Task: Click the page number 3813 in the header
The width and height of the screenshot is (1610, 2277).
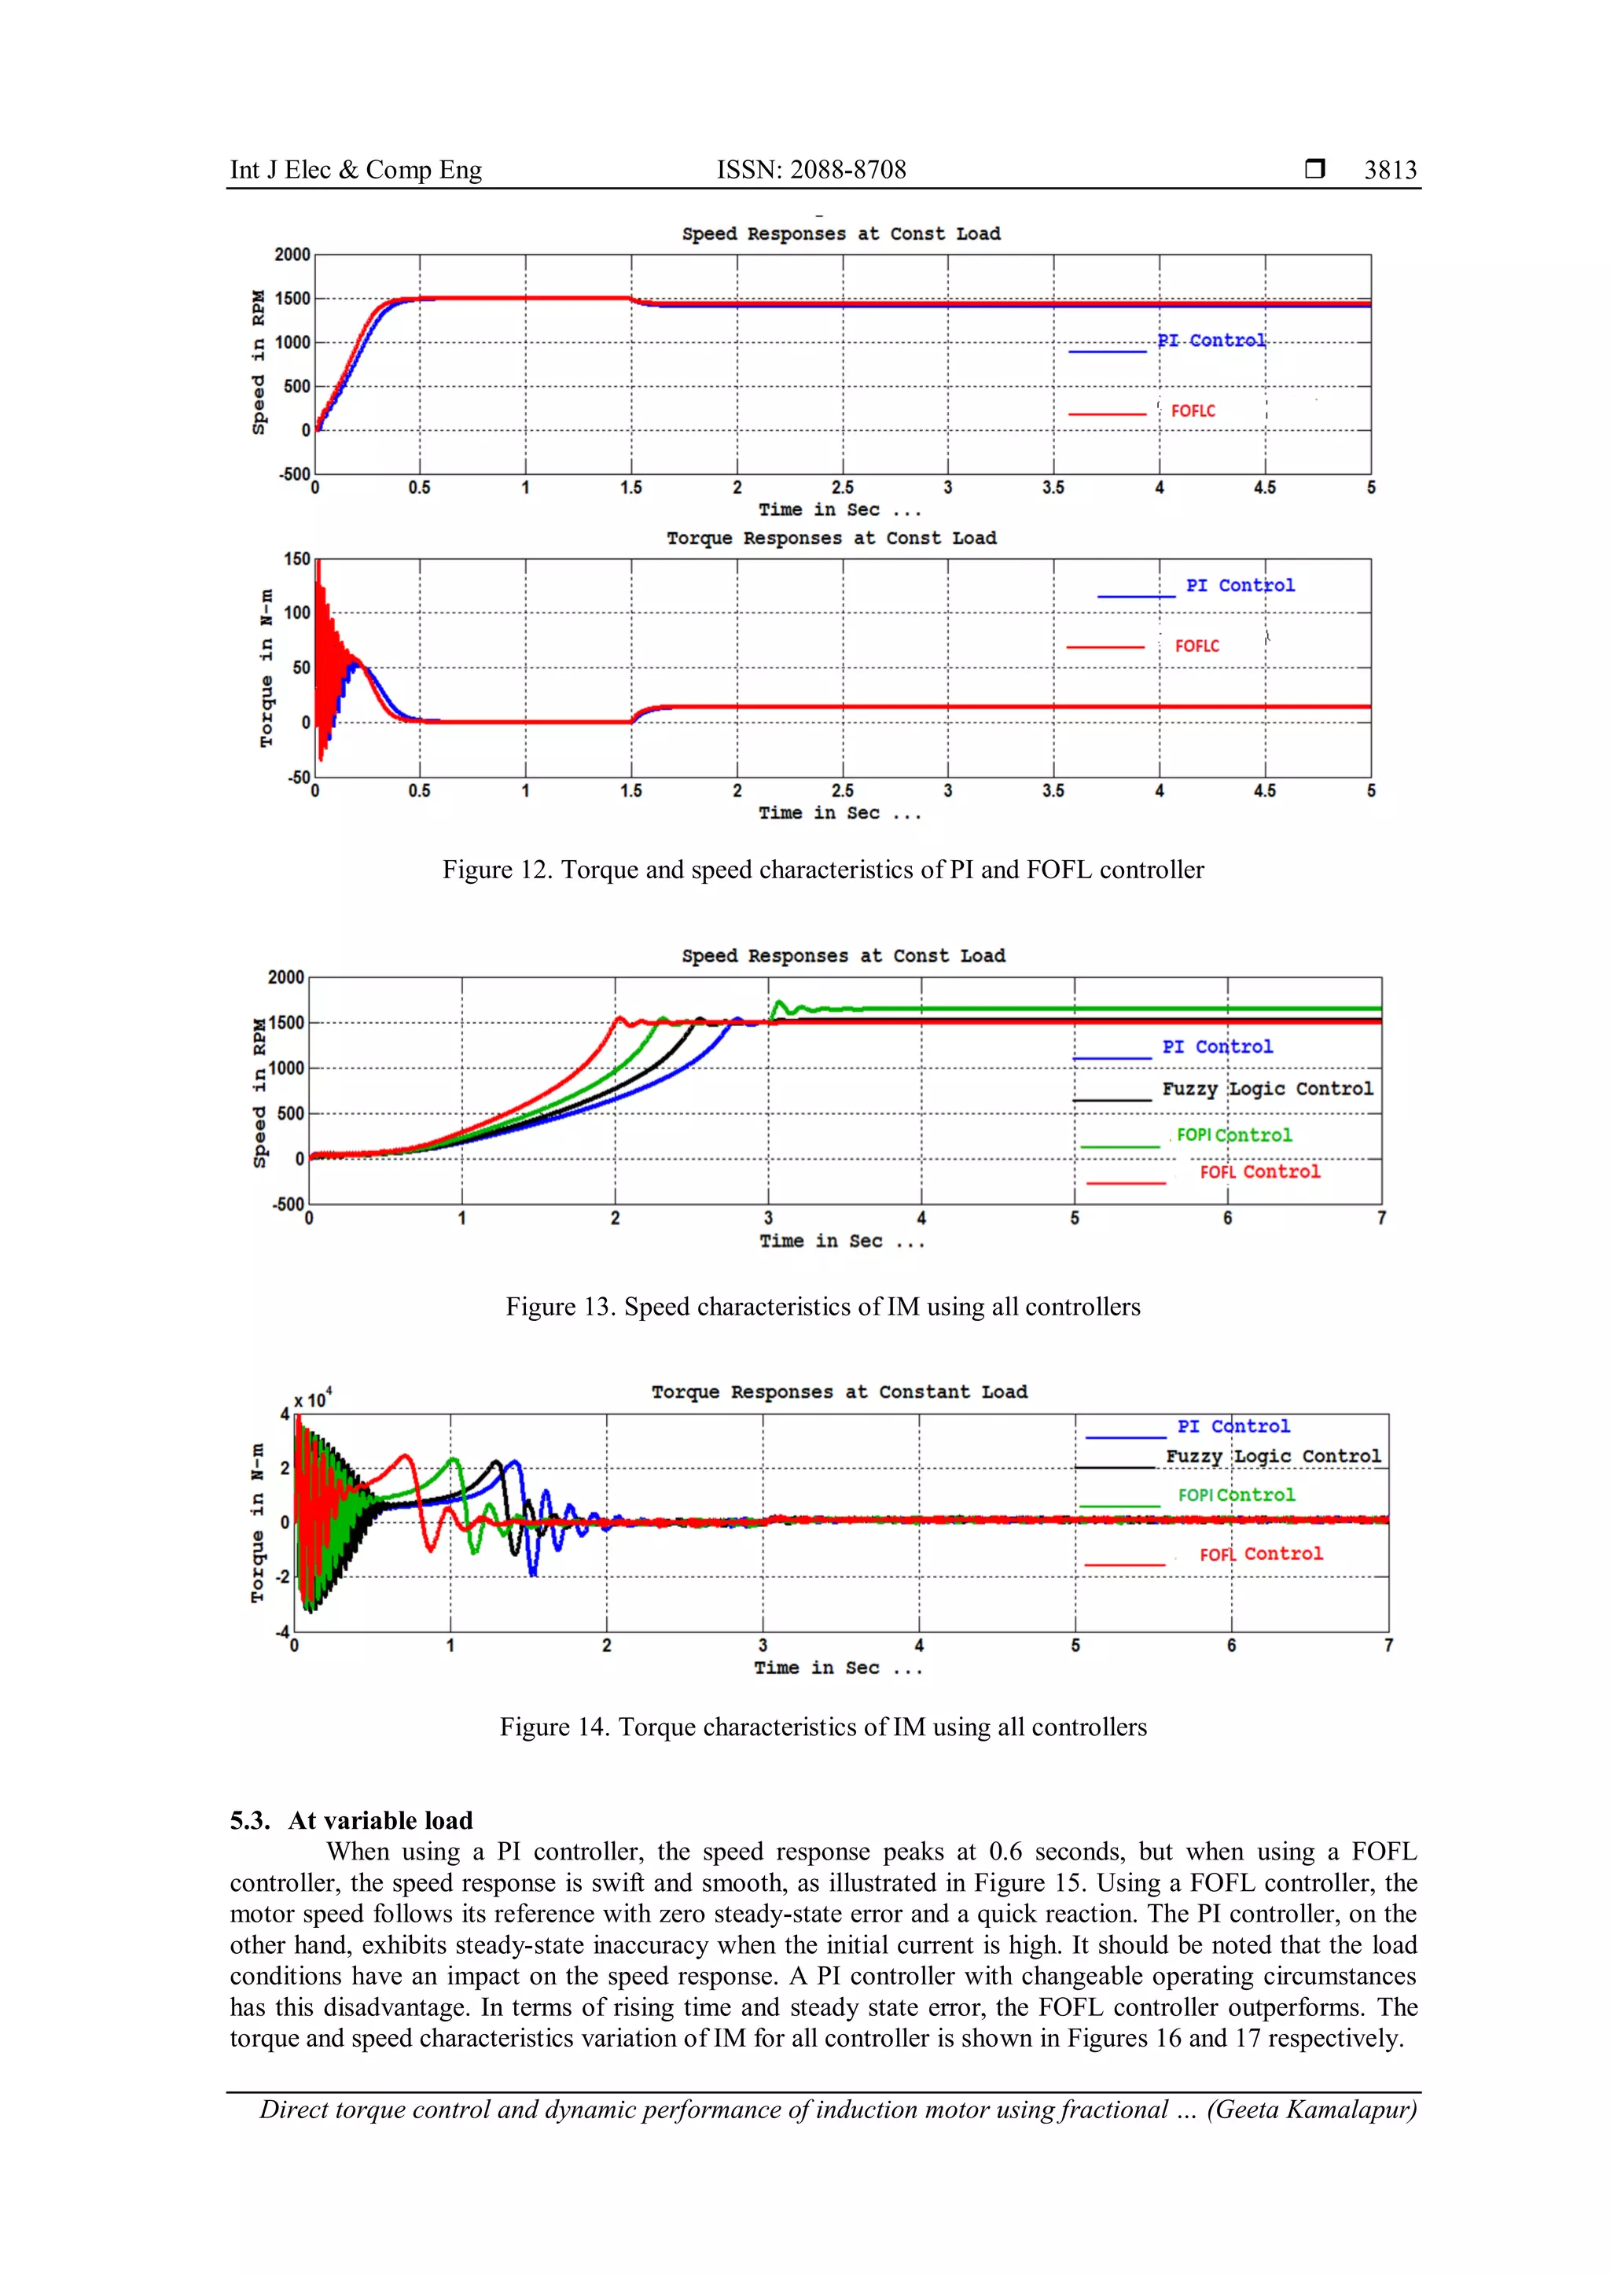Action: tap(1390, 171)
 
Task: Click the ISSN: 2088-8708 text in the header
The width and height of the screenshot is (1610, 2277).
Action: tap(811, 171)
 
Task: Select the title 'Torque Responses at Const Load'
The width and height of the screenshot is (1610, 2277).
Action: tap(831, 539)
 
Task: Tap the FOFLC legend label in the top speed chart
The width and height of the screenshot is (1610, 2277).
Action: tap(1193, 411)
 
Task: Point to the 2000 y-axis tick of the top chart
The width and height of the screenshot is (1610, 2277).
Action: tap(292, 255)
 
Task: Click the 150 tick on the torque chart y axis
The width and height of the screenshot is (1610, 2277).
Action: tap(297, 559)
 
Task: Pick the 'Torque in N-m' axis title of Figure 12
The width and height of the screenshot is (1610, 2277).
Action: tap(266, 668)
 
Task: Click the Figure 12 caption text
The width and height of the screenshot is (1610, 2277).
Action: tap(823, 870)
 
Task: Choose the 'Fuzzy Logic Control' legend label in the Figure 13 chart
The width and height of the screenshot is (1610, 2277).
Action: tap(1267, 1089)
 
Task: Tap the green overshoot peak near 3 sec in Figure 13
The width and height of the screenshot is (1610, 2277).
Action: tap(779, 1002)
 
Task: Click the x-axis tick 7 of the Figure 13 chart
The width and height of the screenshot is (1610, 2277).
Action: tap(1381, 1218)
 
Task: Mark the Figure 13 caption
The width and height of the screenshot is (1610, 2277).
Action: tap(823, 1307)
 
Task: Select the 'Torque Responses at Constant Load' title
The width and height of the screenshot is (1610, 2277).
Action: tap(839, 1392)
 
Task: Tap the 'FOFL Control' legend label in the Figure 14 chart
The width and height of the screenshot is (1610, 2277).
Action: tap(1261, 1554)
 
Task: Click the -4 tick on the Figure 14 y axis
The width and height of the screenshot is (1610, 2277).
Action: tap(282, 1631)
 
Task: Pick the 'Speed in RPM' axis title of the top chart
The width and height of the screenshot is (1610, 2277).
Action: tap(259, 362)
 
